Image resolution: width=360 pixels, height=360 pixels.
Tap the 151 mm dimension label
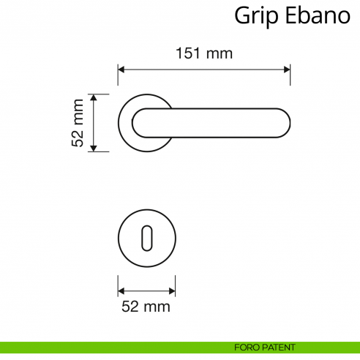click(204, 53)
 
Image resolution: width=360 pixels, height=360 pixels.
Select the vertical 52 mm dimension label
click(78, 123)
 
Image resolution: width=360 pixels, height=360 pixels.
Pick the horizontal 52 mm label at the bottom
click(146, 306)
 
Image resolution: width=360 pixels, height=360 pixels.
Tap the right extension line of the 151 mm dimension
click(290, 84)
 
